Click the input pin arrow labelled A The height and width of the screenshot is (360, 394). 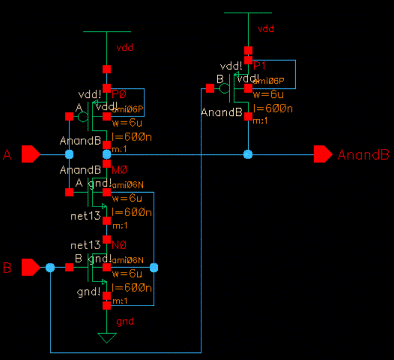click(x=30, y=154)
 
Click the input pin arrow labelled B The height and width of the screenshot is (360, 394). click(x=30, y=267)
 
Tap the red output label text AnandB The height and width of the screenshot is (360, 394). click(x=363, y=155)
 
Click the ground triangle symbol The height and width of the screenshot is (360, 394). click(x=106, y=337)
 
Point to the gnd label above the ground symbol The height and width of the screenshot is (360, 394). click(x=125, y=321)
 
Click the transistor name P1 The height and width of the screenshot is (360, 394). click(x=260, y=66)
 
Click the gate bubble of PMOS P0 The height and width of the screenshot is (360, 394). click(x=82, y=116)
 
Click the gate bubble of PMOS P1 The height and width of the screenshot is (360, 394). click(x=224, y=88)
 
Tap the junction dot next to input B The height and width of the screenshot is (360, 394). click(x=50, y=267)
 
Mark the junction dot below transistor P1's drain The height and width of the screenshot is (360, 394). click(x=248, y=154)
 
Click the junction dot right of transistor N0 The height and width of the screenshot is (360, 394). click(x=154, y=267)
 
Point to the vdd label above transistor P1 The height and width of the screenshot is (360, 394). click(x=265, y=29)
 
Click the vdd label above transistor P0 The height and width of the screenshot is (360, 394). click(x=124, y=48)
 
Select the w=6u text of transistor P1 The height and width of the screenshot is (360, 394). click(x=268, y=95)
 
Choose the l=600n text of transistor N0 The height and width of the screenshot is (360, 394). click(x=132, y=288)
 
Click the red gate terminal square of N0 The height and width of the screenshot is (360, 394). click(x=69, y=267)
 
